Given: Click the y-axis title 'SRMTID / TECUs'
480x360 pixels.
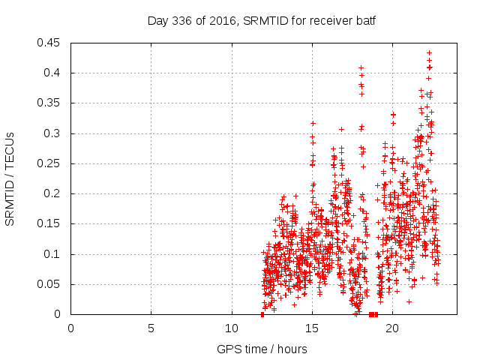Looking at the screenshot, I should pos(10,178).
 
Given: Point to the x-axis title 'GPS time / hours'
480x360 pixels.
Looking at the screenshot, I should pos(262,349).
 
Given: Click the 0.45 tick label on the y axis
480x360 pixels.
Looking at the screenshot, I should pos(50,43).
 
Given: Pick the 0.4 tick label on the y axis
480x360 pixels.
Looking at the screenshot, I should pos(53,73).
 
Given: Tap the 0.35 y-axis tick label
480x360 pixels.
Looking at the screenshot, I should pos(50,103).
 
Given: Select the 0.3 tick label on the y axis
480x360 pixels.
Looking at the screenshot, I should pos(53,133).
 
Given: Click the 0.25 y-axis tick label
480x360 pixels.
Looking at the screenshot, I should pos(50,163).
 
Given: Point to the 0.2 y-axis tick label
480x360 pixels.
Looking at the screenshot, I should pos(53,193).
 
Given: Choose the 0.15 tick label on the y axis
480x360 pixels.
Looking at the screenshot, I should pos(50,223).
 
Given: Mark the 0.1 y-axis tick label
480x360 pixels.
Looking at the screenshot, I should pos(53,254).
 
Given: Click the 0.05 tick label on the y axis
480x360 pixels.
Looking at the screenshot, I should pos(50,284).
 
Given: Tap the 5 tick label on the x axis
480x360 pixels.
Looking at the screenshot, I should pos(151,328).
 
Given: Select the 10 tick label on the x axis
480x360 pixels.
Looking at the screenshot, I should pos(232,328).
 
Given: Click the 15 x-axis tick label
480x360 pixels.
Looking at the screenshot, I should pos(312,328).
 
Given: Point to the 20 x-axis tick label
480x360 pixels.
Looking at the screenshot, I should pos(392,328).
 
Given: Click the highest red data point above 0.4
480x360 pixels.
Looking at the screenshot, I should pos(429,53).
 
